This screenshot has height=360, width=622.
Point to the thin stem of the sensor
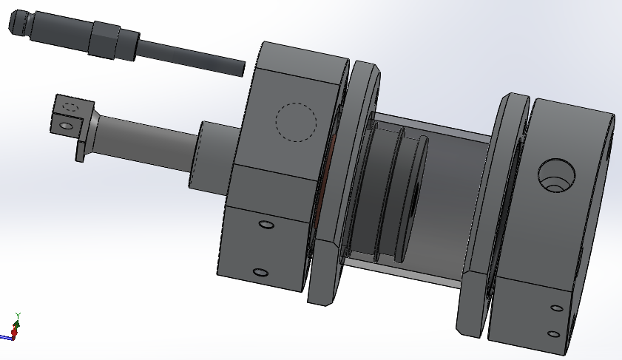pyautogui.click(x=190, y=58)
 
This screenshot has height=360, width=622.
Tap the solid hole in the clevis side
pyautogui.click(x=67, y=126)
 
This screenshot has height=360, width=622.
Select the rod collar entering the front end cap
pyautogui.click(x=214, y=157)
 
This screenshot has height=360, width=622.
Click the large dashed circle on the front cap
pyautogui.click(x=297, y=123)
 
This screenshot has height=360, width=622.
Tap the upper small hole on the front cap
pyautogui.click(x=266, y=225)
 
